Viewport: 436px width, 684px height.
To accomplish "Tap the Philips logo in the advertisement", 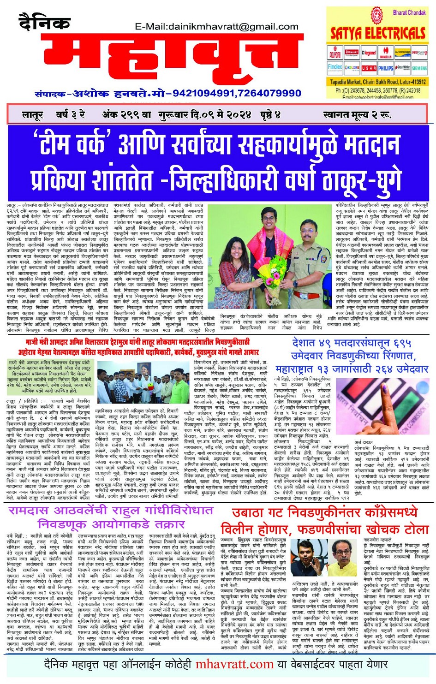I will coord(386,68).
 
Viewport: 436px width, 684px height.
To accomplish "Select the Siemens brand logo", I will coord(419,68).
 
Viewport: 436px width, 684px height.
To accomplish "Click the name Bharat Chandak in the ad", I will coord(409,12).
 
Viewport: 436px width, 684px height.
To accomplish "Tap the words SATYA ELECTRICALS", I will coord(378,33).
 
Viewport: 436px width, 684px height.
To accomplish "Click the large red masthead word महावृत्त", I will coord(161,60).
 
